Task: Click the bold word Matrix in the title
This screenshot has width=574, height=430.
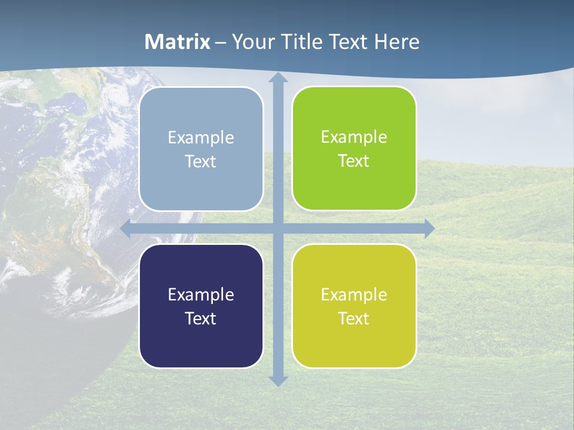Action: click(x=178, y=42)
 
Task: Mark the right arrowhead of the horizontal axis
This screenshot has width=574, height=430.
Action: click(x=429, y=228)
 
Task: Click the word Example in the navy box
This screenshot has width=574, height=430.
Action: click(x=201, y=294)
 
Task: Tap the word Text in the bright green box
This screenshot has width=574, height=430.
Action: click(x=354, y=161)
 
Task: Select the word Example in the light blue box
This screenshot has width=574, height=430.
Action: click(x=201, y=137)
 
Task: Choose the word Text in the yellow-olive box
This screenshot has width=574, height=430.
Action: click(x=354, y=318)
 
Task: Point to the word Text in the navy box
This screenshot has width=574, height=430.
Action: click(x=201, y=318)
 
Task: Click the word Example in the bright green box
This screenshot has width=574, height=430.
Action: click(x=354, y=137)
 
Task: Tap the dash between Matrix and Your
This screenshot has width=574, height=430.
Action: click(x=221, y=42)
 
